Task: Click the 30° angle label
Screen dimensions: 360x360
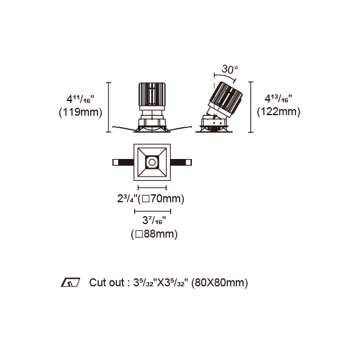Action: [x=230, y=69]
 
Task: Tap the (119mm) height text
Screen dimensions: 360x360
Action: [x=80, y=113]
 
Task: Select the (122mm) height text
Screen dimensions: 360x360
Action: [x=278, y=112]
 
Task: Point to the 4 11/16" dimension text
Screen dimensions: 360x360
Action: [x=80, y=99]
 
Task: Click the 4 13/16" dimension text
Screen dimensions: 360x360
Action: [x=278, y=99]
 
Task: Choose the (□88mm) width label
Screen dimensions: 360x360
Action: [x=154, y=234]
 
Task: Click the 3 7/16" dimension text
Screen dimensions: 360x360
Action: [x=154, y=221]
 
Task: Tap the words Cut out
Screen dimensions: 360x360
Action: [x=107, y=283]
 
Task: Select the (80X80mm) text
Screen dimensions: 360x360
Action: [x=219, y=283]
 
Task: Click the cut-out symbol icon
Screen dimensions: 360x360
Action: [x=70, y=283]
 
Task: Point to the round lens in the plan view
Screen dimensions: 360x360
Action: [x=152, y=162]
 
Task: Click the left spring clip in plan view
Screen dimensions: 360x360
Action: [x=123, y=162]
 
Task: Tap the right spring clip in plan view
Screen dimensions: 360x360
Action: [x=181, y=162]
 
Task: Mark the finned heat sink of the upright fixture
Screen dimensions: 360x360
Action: [x=152, y=94]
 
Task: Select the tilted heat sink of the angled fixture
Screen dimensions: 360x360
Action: [x=226, y=99]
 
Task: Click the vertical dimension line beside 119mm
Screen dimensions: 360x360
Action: [x=108, y=107]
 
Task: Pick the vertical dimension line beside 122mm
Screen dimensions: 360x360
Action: [x=250, y=107]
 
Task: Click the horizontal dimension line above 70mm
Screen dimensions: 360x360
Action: [x=152, y=188]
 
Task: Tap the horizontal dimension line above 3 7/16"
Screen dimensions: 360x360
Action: [x=152, y=211]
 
